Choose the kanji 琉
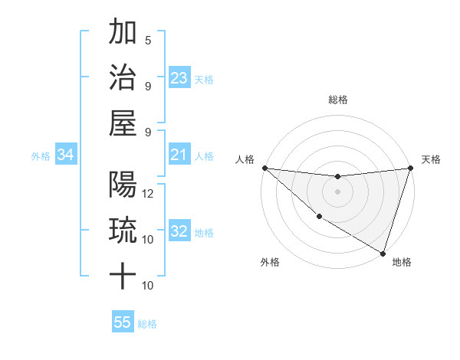(123, 229)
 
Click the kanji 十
(123, 273)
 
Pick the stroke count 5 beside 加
(148, 41)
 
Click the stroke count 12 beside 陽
(149, 193)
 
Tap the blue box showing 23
(179, 78)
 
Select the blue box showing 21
(179, 155)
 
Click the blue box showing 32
(179, 232)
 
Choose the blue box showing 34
(66, 155)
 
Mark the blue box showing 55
(123, 322)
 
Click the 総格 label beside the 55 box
(147, 324)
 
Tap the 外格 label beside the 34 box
(41, 156)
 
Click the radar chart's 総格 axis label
(338, 100)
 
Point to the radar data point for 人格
(264, 168)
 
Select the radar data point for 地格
(383, 253)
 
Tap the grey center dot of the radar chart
(337, 191)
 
